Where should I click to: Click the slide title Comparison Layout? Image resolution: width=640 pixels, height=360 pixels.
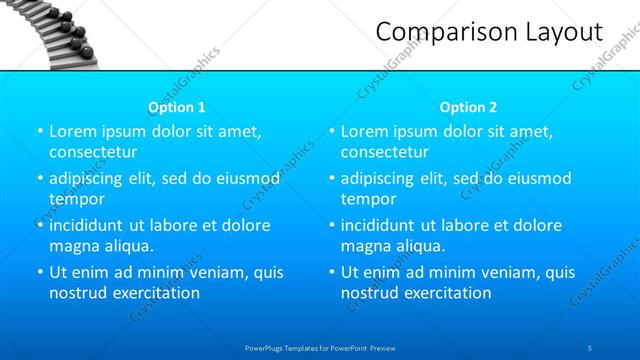489,32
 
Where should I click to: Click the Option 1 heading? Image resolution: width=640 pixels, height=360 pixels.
177,107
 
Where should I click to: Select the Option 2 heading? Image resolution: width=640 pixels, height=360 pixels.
468,107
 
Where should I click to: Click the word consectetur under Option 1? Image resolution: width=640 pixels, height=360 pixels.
93,152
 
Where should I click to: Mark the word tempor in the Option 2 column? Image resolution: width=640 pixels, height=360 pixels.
369,199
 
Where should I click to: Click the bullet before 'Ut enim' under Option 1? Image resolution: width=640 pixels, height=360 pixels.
40,272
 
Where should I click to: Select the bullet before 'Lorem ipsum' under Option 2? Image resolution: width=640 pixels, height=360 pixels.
332,131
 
